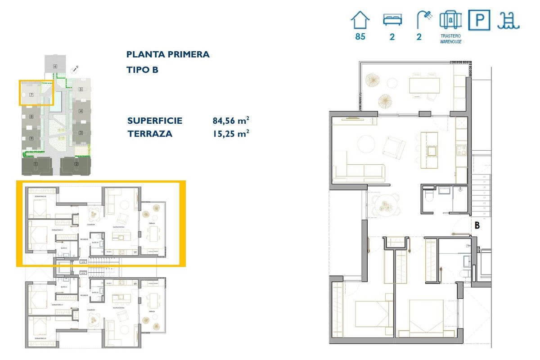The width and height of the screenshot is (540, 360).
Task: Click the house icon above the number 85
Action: pyautogui.click(x=360, y=21)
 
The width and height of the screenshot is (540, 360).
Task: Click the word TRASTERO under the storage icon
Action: pyautogui.click(x=450, y=36)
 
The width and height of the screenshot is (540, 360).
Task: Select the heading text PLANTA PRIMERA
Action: pyautogui.click(x=168, y=55)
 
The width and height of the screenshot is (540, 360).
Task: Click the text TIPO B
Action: pyautogui.click(x=143, y=70)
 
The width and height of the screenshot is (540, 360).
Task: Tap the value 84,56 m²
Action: pyautogui.click(x=231, y=121)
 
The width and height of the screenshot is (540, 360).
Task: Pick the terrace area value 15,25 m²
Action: pyautogui.click(x=231, y=134)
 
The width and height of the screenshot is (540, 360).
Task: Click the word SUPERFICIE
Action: pyautogui.click(x=155, y=121)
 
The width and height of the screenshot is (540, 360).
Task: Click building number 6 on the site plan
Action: pyautogui.click(x=55, y=66)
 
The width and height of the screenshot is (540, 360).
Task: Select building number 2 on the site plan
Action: pyautogui.click(x=76, y=165)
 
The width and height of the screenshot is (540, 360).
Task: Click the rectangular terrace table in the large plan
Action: pyautogui.click(x=424, y=85)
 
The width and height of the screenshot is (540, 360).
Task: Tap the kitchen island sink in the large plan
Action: pyautogui.click(x=431, y=150)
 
